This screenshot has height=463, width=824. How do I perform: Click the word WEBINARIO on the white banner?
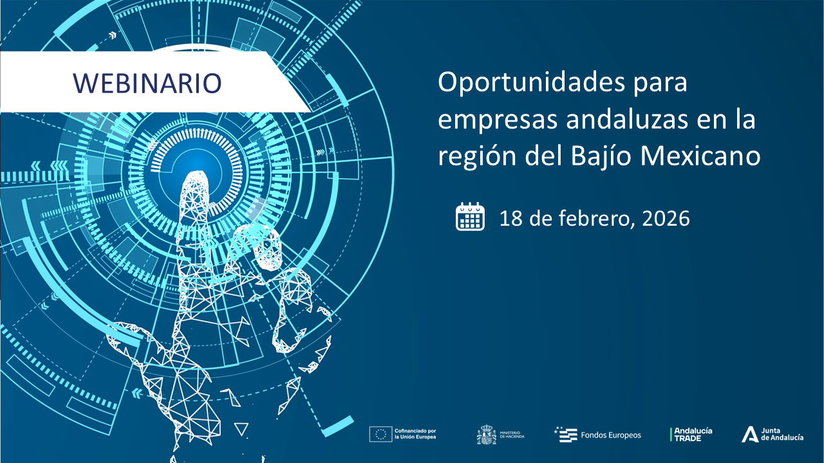point(147,82)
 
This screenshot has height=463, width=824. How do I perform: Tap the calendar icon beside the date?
point(470,217)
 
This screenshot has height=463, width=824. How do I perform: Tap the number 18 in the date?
point(510,219)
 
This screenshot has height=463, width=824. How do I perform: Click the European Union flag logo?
point(380,434)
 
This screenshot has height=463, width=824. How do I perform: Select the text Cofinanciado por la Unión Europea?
point(416,434)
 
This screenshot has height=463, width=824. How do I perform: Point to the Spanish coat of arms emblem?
point(486,435)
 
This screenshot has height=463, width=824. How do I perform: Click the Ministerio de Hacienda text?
point(512,435)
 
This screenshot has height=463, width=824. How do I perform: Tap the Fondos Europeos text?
point(611,435)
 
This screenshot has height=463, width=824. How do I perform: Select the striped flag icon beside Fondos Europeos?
point(566,435)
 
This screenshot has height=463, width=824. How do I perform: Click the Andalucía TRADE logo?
point(691,434)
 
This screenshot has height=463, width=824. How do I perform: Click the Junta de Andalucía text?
point(782,434)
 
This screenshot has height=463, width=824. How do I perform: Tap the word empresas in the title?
point(488,120)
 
